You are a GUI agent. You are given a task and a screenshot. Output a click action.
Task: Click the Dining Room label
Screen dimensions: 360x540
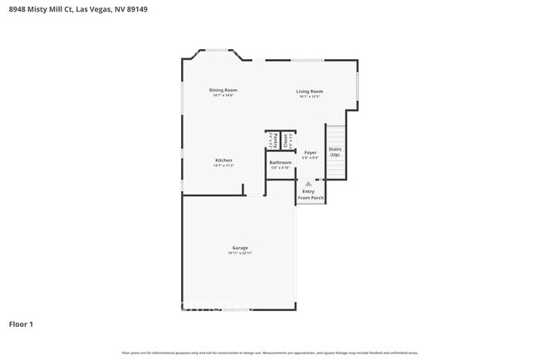pos(223,90)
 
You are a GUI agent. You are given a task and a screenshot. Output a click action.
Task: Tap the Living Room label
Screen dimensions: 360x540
pos(310,91)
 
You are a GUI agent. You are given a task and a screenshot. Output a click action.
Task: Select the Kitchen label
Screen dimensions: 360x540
pos(223,160)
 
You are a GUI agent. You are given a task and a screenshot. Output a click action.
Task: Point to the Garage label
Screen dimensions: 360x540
pos(240,248)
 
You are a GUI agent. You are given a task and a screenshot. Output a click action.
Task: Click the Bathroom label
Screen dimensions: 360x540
pos(280,162)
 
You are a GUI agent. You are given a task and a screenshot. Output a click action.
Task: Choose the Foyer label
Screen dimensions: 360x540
pos(310,153)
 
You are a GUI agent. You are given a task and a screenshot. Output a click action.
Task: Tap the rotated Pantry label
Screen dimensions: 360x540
pos(272,141)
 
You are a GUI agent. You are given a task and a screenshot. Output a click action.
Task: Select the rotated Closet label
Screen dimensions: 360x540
pos(286,140)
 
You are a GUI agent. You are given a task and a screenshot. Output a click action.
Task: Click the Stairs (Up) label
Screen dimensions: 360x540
pos(335,152)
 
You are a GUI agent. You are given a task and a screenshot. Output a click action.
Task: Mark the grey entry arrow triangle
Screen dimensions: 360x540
pos(308,184)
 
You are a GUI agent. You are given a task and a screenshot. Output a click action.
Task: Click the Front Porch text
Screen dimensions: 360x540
pos(311,198)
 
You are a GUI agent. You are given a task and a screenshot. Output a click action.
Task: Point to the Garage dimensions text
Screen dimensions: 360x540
pos(240,253)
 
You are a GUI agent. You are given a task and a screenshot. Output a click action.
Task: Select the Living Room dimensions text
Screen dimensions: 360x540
pos(310,96)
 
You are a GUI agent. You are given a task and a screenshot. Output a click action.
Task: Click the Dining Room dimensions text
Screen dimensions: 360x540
pos(223,95)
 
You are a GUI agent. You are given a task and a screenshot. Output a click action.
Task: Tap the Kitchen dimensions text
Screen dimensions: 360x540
pos(223,165)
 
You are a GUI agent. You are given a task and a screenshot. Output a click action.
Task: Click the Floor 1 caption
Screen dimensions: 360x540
pos(21,323)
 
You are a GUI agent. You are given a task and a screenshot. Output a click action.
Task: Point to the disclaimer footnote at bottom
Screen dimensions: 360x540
pos(270,353)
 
